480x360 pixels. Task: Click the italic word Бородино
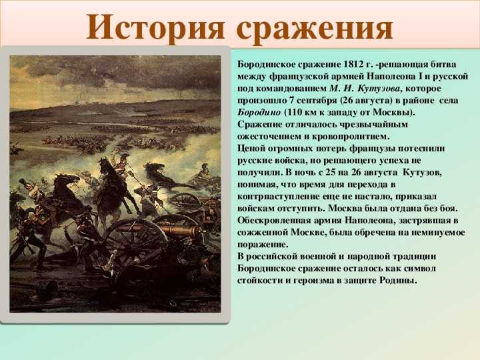click(259, 113)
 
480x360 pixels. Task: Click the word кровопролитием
click(351, 137)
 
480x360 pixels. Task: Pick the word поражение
click(263, 245)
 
